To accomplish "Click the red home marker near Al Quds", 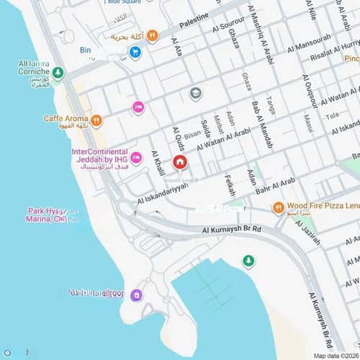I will [x=179, y=162].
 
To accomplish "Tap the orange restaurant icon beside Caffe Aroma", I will [x=96, y=120].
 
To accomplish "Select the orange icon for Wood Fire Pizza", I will [x=278, y=208].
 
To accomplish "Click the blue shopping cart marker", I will [x=135, y=52].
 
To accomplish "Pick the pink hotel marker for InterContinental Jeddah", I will [x=136, y=158].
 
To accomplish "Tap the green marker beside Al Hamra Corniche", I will [x=58, y=73].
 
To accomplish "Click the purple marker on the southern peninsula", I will [x=136, y=294].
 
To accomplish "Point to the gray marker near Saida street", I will [x=195, y=93].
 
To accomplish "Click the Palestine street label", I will [x=194, y=21].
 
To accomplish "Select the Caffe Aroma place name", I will [x=66, y=118].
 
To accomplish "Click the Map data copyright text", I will [x=335, y=356].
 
